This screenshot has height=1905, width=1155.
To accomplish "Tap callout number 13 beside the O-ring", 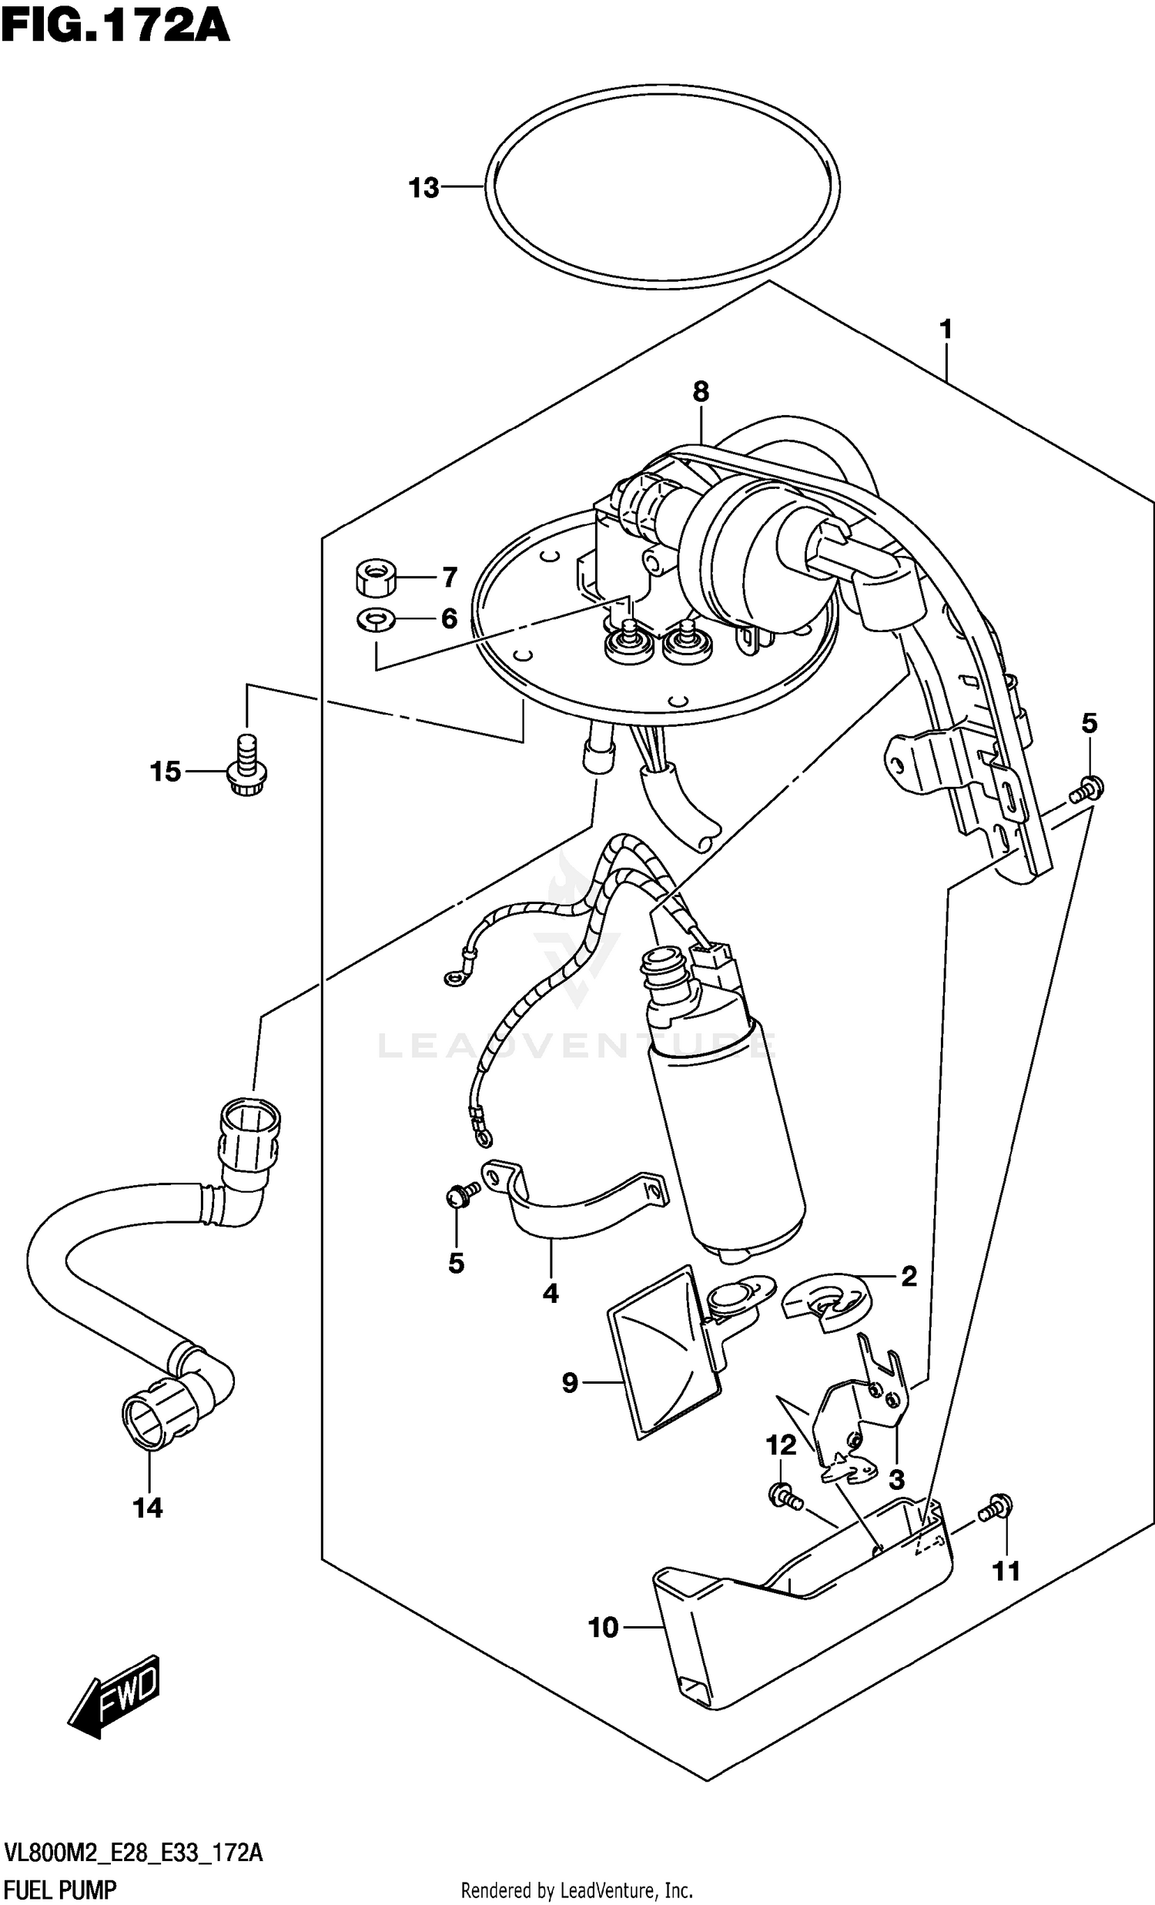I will point(423,188).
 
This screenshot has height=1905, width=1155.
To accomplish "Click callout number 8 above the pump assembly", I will point(701,392).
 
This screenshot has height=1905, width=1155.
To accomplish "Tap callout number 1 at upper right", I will point(945,330).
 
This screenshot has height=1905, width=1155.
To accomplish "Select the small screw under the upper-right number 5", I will point(1086,790).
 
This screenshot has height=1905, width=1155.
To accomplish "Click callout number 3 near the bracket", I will point(896,1480).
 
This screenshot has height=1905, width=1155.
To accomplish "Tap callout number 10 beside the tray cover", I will point(604,1629).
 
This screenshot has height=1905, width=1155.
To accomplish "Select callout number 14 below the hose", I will point(148,1508).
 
